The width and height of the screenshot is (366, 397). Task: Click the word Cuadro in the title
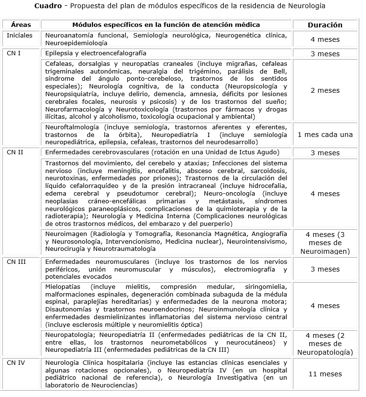[x=47, y=6]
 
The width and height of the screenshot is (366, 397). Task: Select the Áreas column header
[x=21, y=25]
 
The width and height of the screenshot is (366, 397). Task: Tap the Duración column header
[x=325, y=25]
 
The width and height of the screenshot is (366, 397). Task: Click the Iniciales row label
[x=19, y=36]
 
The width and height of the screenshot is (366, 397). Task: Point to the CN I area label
[x=14, y=53]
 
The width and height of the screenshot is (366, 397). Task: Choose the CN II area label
[x=15, y=152]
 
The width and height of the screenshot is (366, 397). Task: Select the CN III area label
[x=16, y=261]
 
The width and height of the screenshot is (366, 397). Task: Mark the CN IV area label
[x=16, y=362]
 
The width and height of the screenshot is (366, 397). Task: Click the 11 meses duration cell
[x=325, y=374]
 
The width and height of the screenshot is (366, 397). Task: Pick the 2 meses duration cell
[x=325, y=90]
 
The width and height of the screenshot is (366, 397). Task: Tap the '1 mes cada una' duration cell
[x=325, y=135]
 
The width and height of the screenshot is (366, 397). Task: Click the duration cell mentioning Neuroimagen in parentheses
[x=325, y=243]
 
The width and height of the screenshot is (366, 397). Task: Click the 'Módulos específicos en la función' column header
[x=166, y=25]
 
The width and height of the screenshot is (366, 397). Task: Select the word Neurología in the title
[x=308, y=6]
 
